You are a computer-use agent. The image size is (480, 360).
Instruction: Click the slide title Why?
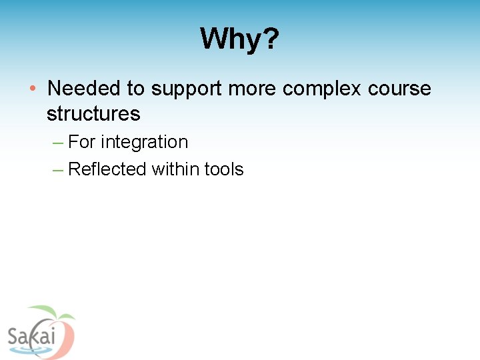click(x=239, y=39)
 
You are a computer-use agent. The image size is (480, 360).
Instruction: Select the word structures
click(x=93, y=114)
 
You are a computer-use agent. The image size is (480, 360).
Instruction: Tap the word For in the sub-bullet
click(x=82, y=142)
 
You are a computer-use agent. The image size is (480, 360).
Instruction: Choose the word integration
click(x=145, y=143)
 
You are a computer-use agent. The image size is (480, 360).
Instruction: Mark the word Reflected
click(x=107, y=169)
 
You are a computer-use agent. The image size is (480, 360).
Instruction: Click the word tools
click(x=224, y=169)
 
